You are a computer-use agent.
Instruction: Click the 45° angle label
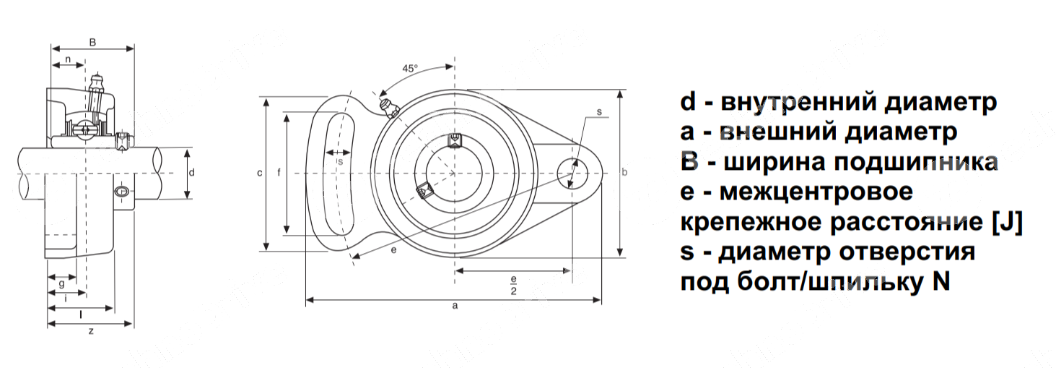coord(410,69)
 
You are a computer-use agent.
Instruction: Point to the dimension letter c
coord(260,173)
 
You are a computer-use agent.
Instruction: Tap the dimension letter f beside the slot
coord(279,172)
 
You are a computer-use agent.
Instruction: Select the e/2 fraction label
coord(513,285)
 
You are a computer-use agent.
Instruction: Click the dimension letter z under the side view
coord(91,330)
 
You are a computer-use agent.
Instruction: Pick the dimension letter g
coord(62,284)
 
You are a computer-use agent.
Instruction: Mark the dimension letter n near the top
coord(68,59)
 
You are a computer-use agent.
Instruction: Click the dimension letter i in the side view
coord(66,298)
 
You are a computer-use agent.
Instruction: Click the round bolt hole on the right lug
coord(573,173)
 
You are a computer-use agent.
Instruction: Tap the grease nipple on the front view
coord(389,108)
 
